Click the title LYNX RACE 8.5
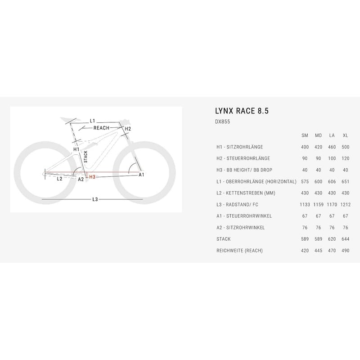pos(242,111)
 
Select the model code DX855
pos(222,121)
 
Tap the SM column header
pos(305,135)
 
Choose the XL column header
pos(345,135)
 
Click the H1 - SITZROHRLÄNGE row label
pos(240,147)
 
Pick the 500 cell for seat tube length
pos(345,147)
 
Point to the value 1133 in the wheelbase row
pos(305,205)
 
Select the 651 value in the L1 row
pos(345,182)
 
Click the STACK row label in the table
pos(223,239)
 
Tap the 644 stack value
pos(345,239)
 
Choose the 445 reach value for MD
pos(318,251)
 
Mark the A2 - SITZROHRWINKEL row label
pos(241,228)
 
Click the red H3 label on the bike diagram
pos(92,177)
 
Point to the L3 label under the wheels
pos(95,199)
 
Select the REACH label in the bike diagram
pos(102,128)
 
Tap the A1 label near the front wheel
pos(141,175)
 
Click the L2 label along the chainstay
pos(59,179)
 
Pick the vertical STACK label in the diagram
pos(85,157)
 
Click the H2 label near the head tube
pos(128,129)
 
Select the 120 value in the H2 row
pos(345,158)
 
